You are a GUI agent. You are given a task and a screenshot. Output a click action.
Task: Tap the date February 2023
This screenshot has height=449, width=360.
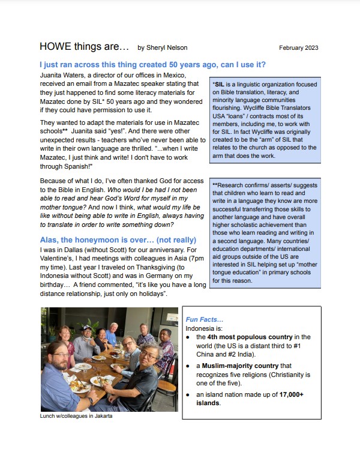click(298, 48)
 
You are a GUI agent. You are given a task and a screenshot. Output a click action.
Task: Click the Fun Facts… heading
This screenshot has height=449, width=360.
click(204, 319)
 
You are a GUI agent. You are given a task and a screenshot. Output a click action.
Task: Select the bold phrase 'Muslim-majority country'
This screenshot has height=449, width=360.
click(238, 366)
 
